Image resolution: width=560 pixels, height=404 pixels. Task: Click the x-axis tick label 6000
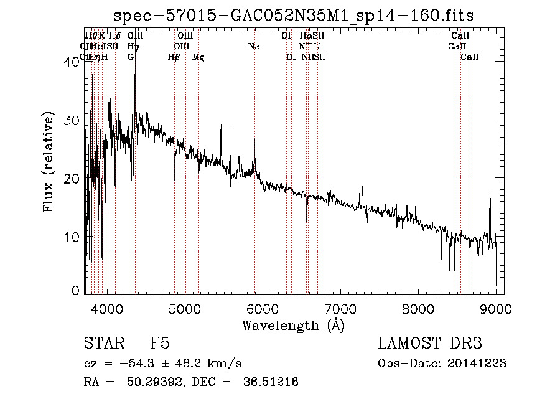tap(262, 308)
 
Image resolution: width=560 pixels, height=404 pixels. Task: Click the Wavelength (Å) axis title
tap(293, 325)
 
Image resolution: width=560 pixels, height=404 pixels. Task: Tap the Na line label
tap(254, 46)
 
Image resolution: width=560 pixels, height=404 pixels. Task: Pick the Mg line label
tap(198, 57)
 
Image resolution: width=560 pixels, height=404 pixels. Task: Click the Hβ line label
tap(174, 57)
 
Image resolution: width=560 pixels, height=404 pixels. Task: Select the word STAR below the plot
tap(102, 344)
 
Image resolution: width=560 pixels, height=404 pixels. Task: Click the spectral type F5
tap(160, 344)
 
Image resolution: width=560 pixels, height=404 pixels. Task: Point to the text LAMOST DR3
tap(430, 344)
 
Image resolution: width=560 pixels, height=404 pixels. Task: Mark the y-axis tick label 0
tap(76, 291)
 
